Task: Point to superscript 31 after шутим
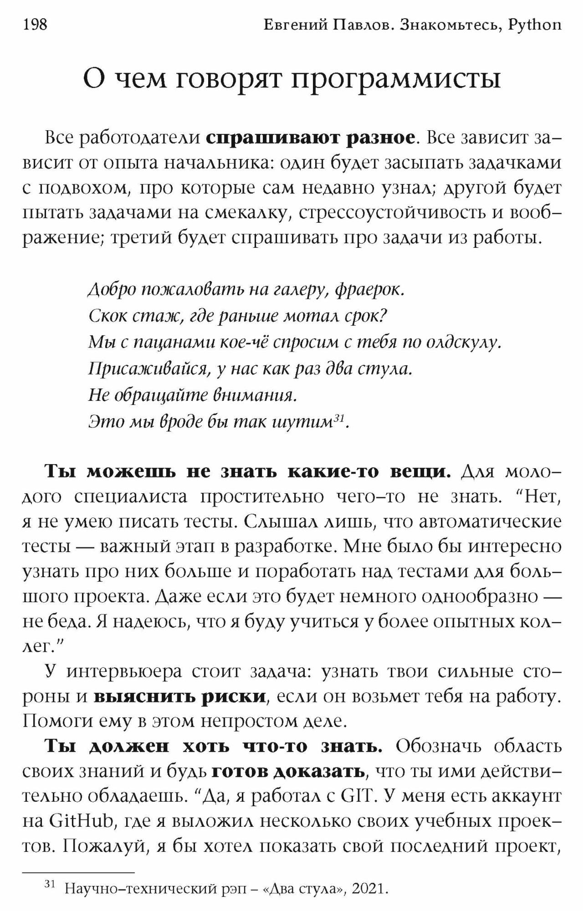(x=338, y=417)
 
